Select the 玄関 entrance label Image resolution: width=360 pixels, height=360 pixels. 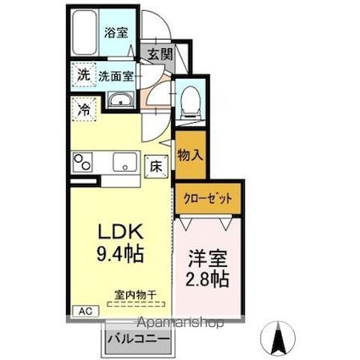coord(158,53)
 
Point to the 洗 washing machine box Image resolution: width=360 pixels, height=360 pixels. coord(83,75)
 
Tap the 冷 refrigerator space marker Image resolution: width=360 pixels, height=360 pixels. coord(84,108)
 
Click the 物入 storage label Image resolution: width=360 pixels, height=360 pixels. coord(190,155)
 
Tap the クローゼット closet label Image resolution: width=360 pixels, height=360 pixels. coord(207,197)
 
